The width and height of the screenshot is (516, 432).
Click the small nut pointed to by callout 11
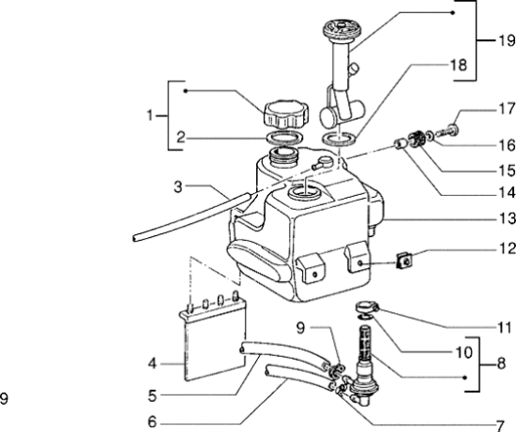click(368, 306)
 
